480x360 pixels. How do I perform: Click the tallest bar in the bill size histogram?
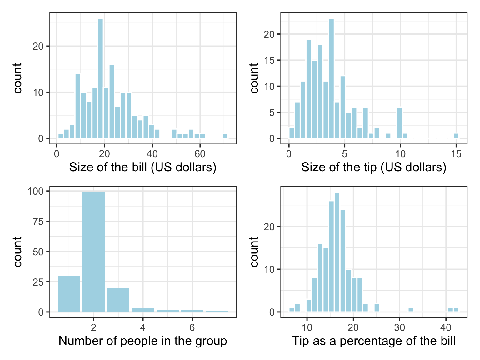pos(100,78)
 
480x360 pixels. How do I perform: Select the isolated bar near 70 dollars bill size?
pos(225,136)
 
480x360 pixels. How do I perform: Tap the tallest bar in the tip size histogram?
pos(332,78)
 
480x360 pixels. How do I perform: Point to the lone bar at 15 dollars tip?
pos(456,136)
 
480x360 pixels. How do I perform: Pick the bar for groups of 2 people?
pos(93,252)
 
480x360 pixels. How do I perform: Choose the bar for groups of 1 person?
pos(69,294)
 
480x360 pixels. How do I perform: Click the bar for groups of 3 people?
pos(118,300)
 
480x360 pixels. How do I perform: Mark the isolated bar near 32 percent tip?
pos(411,310)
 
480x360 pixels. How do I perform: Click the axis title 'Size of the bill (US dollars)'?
pos(142,167)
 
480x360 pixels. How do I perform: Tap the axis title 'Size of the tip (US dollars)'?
pos(374,167)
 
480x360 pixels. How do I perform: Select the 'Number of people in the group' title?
pos(142,341)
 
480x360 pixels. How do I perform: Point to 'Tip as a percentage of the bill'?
pos(374,341)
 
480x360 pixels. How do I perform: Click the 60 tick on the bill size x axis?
pos(200,154)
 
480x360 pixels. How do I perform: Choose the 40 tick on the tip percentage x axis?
pos(446,327)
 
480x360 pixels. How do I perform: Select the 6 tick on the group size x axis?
pos(192,327)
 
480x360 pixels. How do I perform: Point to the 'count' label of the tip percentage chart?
pos(254,252)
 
